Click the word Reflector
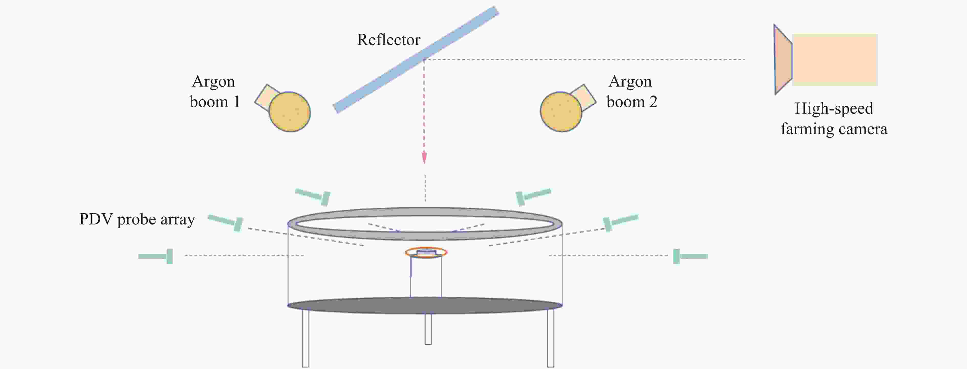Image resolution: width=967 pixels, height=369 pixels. click(388, 40)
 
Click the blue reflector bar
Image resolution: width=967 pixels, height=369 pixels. click(416, 60)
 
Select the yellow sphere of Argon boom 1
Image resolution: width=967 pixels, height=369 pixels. click(289, 112)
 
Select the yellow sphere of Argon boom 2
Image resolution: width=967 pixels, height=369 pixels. click(561, 112)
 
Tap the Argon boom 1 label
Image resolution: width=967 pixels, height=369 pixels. click(214, 92)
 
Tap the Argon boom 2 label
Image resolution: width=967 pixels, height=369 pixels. click(632, 92)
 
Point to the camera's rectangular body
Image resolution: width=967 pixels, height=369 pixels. click(835, 60)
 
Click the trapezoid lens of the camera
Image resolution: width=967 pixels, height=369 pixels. click(783, 60)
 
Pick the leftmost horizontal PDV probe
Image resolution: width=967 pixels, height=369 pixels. click(155, 256)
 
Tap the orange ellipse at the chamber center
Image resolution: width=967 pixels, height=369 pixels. click(426, 252)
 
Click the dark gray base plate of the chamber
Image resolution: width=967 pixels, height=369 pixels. click(425, 306)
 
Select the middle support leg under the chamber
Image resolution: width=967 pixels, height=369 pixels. click(428, 329)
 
